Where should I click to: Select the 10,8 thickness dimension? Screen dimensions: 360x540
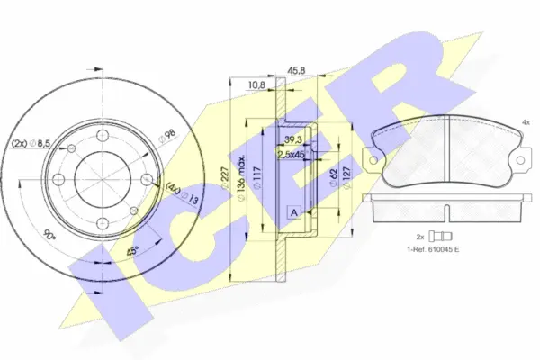click(256, 85)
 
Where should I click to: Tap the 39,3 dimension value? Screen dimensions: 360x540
click(292, 141)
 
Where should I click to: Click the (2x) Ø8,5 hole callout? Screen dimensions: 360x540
click(31, 142)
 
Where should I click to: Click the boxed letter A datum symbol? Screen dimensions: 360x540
click(293, 212)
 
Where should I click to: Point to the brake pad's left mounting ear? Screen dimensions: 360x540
click(369, 158)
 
